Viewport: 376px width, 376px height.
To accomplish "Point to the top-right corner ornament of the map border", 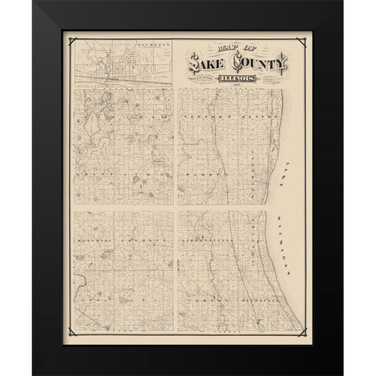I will pyautogui.click(x=306, y=41).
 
